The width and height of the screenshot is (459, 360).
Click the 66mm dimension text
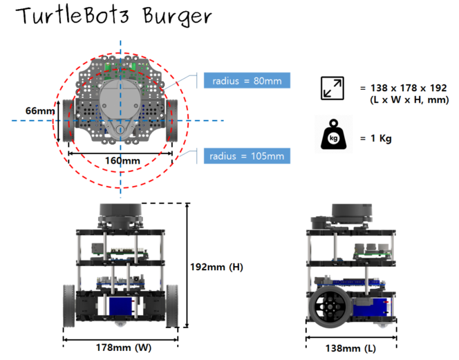(x=39, y=111)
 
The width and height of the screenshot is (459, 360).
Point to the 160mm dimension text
(x=122, y=160)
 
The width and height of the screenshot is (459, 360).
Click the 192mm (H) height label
(x=217, y=267)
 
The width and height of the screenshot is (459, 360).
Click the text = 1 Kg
(x=376, y=138)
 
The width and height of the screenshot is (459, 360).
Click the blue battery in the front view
(x=120, y=307)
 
